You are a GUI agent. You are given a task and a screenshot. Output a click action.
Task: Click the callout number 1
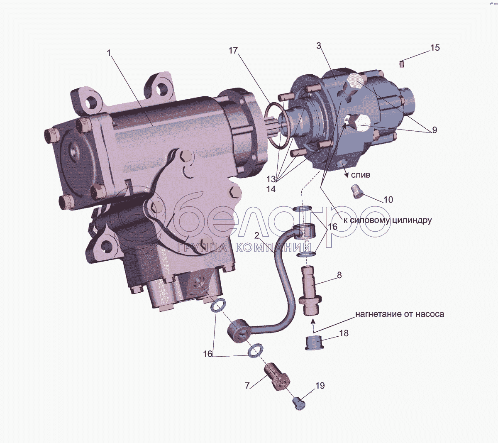tap(109, 53)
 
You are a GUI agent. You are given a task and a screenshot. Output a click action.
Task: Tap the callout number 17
tap(233, 50)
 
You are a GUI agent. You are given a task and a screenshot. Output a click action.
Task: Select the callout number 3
tap(318, 46)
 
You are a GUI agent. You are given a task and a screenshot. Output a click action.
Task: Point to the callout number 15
tap(435, 48)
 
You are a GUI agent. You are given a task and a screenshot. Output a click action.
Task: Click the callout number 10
tap(388, 200)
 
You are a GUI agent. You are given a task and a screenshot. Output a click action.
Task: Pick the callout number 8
tap(339, 275)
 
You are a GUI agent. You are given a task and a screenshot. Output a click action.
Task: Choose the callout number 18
tap(344, 333)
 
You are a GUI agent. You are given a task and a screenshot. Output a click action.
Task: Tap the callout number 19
tap(320, 386)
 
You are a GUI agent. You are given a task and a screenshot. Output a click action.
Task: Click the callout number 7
tap(247, 386)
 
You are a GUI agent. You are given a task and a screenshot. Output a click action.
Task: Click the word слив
tap(360, 175)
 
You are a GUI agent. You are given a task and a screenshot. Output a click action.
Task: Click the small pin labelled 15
tap(401, 64)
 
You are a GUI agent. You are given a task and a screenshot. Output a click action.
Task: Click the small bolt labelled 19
tap(299, 403)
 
